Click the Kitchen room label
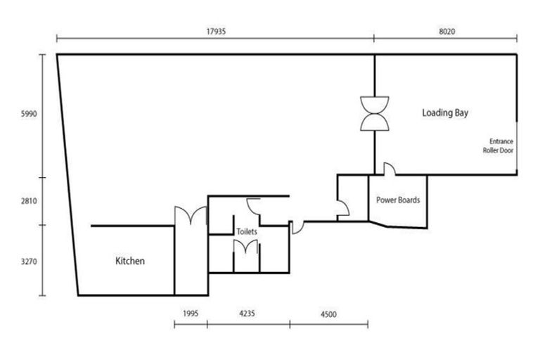pos(130,262)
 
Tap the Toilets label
pos(247,231)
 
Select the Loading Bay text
pos(445,112)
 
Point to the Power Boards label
pos(398,200)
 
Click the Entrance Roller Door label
pos(499,146)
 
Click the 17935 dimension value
pos(216,32)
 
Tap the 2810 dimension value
pos(29,201)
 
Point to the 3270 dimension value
pos(29,261)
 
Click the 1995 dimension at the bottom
pos(191,314)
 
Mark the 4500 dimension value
pos(328,314)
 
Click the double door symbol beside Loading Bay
pos(374,112)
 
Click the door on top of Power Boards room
pos(389,169)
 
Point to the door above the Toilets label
pos(254,205)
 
